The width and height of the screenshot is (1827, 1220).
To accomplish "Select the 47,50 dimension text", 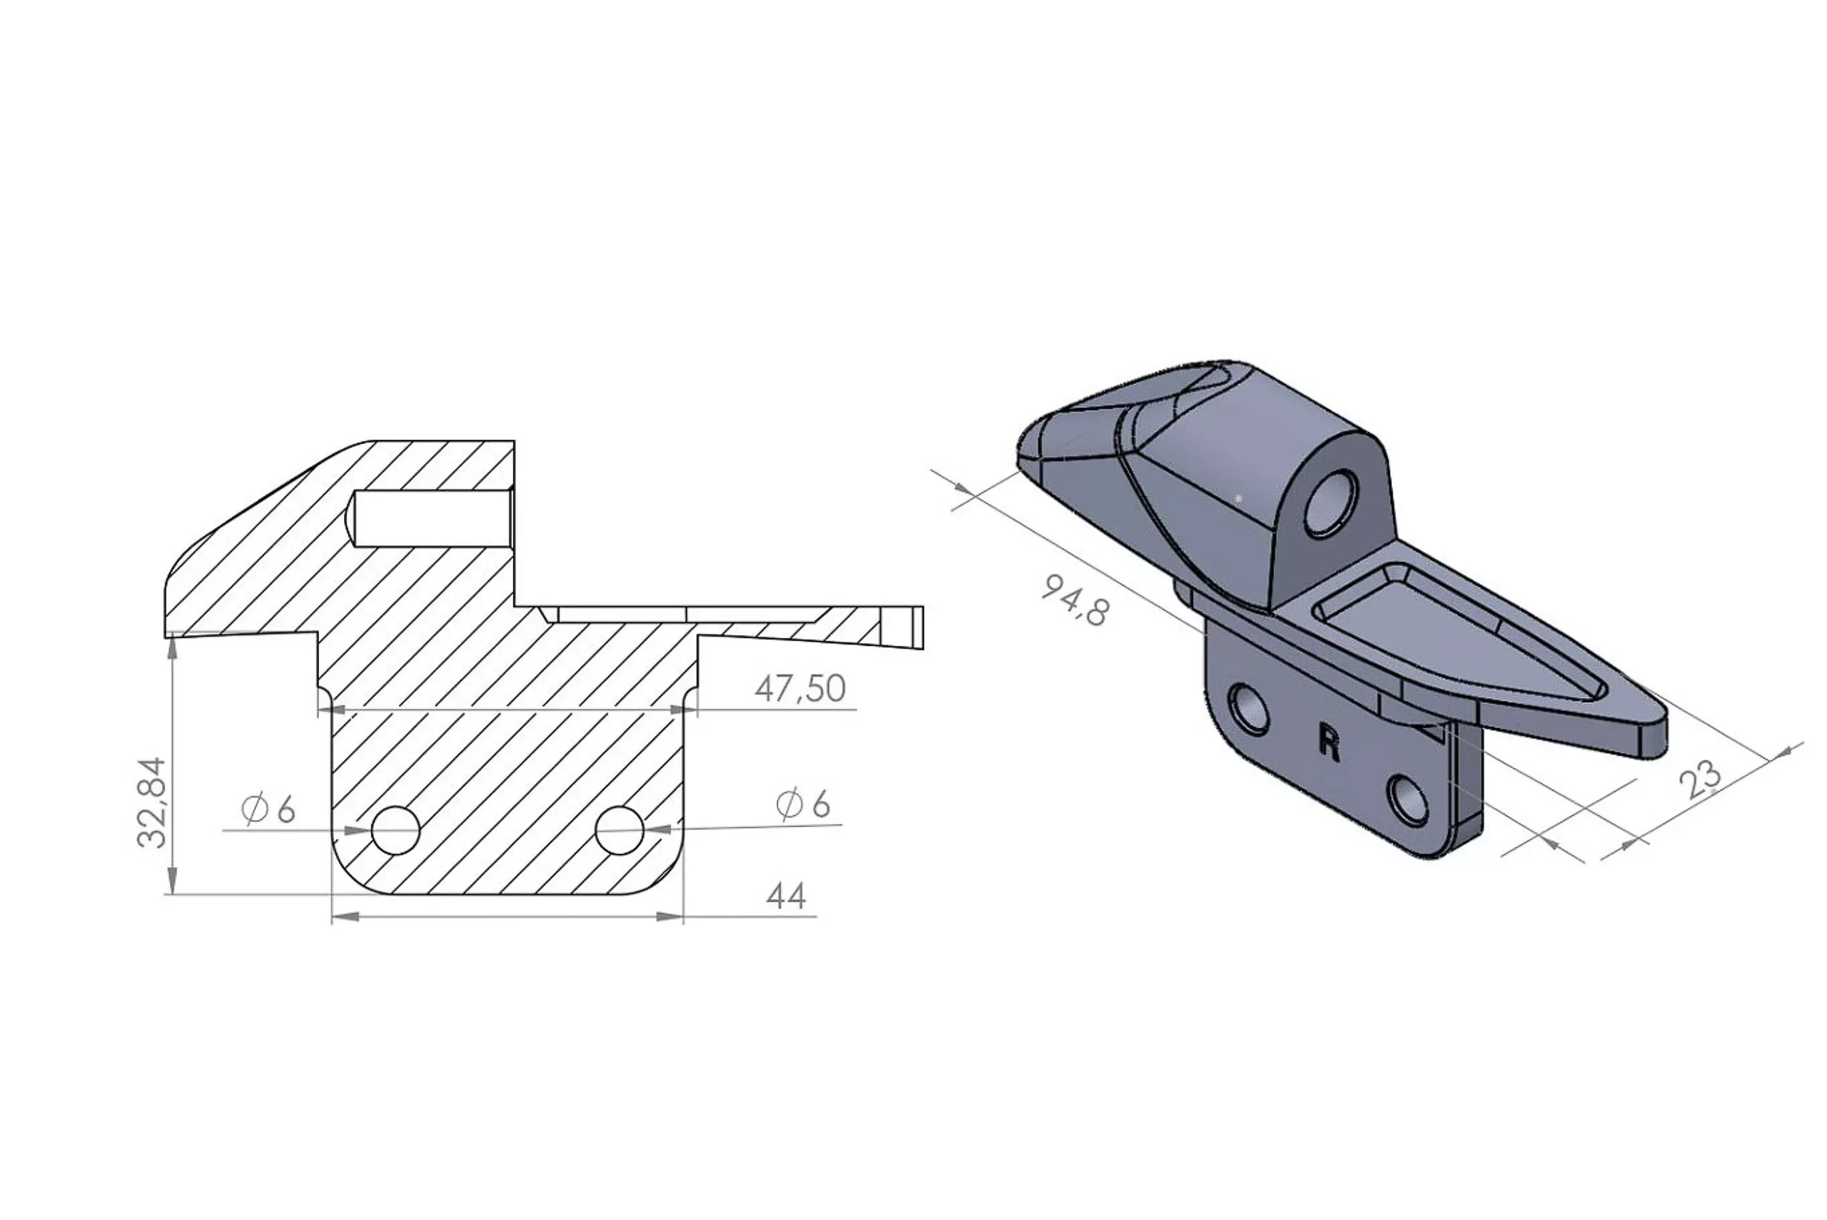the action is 799,689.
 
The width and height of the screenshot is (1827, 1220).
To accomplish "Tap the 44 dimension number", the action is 786,897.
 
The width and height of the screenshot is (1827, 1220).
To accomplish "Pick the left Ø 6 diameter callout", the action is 269,810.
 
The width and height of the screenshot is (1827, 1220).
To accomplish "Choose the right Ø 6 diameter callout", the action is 804,804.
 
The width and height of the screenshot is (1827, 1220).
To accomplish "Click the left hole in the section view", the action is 395,830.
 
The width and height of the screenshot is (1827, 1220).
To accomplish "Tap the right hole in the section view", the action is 620,830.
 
